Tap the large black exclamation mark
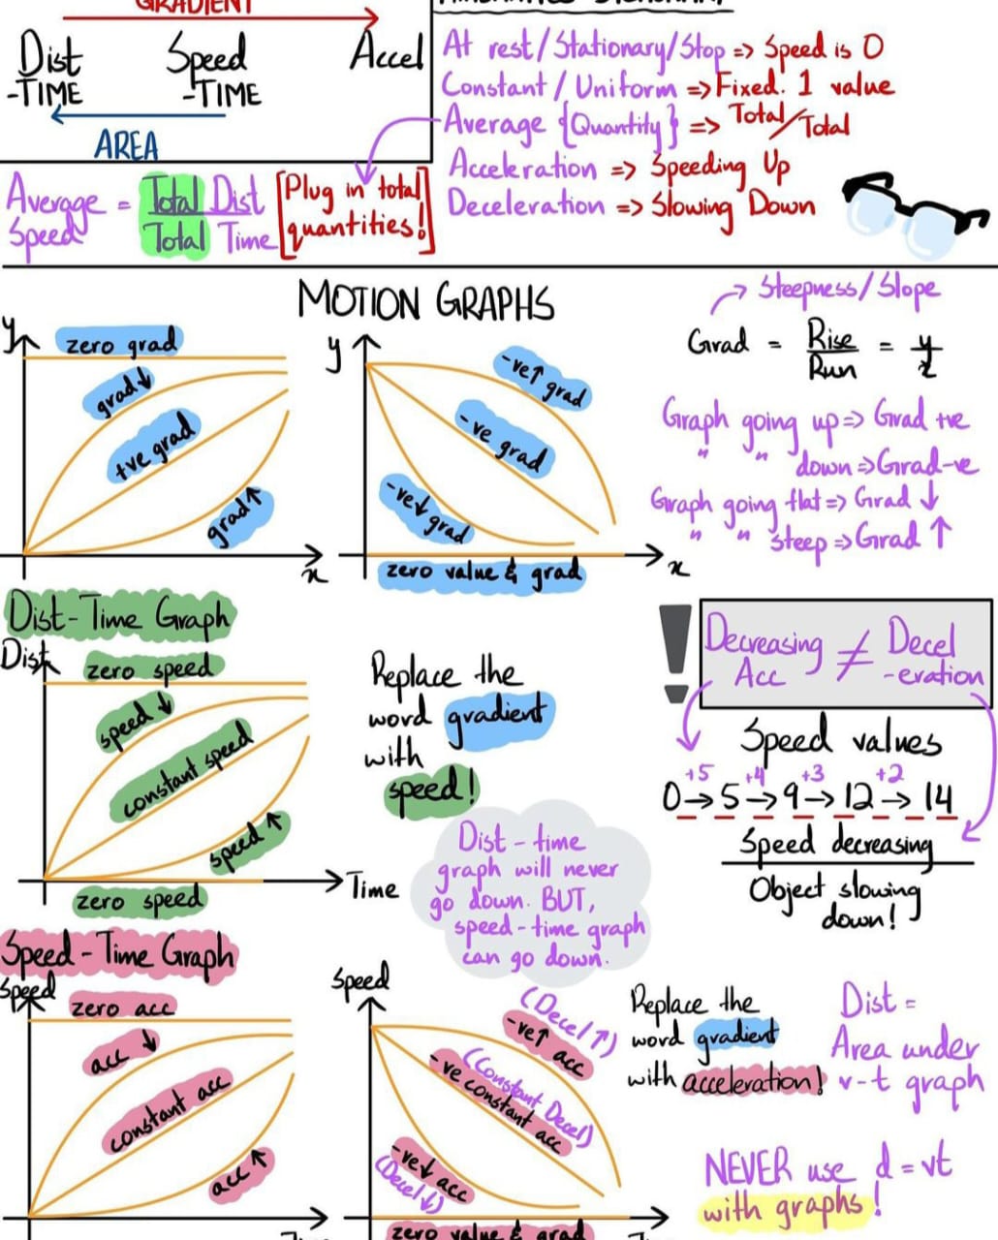coord(675,651)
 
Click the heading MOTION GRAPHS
coord(425,301)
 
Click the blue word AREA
coord(126,146)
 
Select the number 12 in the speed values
coord(858,799)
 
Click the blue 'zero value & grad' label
coord(483,573)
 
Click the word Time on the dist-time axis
coord(374,888)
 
